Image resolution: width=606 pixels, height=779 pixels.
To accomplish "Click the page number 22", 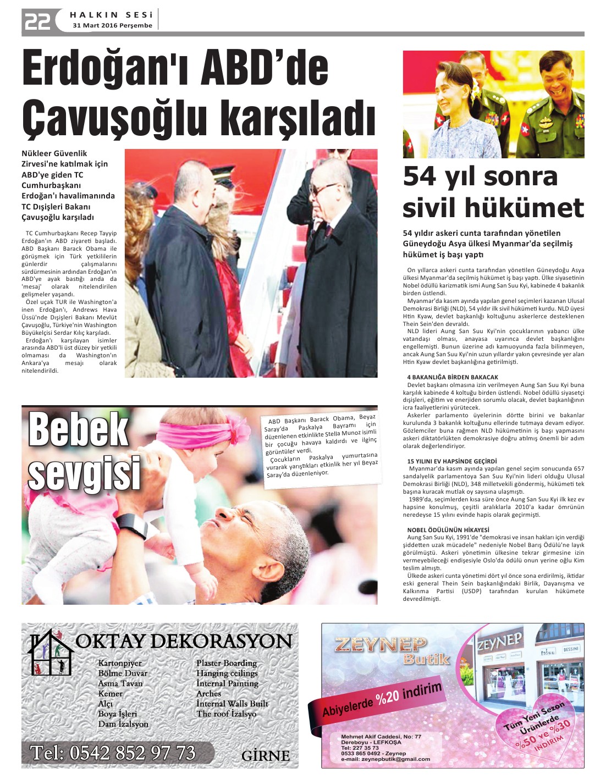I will (37, 21).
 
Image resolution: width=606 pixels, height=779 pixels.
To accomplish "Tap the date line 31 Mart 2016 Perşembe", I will (112, 25).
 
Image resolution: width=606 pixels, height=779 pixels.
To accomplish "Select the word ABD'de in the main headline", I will (264, 69).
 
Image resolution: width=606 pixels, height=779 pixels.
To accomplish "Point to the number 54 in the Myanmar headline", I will (421, 176).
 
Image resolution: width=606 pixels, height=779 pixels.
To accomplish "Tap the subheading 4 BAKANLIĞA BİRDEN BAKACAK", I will (453, 377).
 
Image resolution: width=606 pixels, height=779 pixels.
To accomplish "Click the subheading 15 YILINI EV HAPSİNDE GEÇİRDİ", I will (451, 461).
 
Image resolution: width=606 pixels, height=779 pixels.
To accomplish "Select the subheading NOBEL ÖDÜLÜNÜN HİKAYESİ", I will (448, 530).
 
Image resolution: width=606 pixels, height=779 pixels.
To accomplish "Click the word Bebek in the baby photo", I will (78, 429).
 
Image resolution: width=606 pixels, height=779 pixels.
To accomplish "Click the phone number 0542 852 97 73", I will (113, 753).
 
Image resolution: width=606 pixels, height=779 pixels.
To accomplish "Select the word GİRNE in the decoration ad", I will (265, 756).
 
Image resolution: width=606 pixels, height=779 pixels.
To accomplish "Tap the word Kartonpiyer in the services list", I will (120, 663).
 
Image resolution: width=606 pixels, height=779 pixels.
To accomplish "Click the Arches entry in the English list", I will (208, 694).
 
